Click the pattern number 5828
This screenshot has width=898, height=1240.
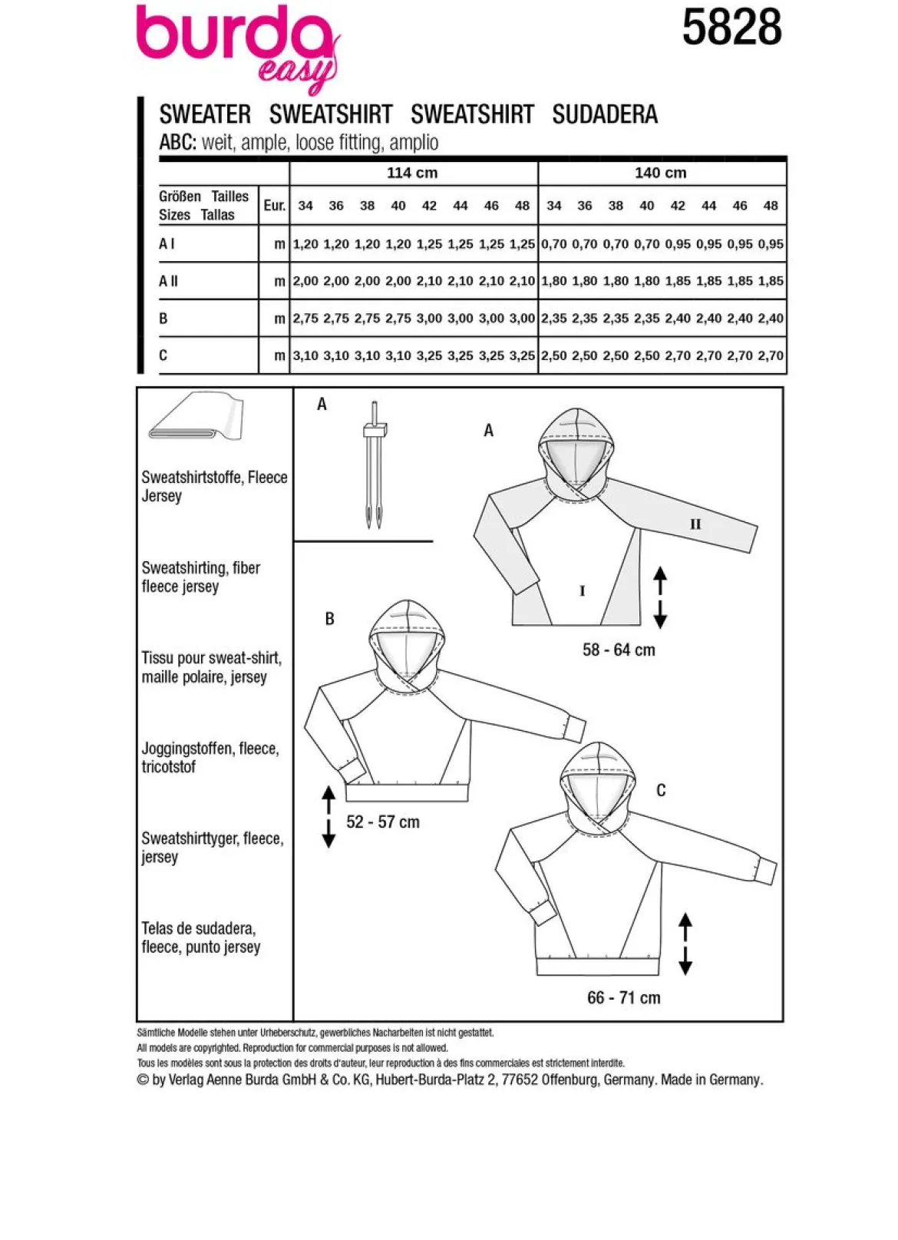731,28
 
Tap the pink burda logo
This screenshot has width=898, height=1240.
238,47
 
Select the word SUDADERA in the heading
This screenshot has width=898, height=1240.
605,114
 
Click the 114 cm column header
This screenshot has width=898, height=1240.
412,173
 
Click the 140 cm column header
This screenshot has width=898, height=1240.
661,173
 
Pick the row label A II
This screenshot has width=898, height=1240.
168,281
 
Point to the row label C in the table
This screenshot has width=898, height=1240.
163,355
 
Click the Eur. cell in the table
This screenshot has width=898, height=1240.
274,205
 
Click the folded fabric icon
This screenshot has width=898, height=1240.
196,417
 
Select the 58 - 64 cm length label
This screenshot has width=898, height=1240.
619,650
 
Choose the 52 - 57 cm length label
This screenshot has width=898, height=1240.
383,822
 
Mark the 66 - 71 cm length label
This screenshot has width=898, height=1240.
623,997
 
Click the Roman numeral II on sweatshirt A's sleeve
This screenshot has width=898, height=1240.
695,524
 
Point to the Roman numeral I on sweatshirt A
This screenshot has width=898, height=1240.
582,591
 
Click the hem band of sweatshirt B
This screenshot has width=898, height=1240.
408,792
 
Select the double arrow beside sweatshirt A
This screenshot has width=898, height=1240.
660,597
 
